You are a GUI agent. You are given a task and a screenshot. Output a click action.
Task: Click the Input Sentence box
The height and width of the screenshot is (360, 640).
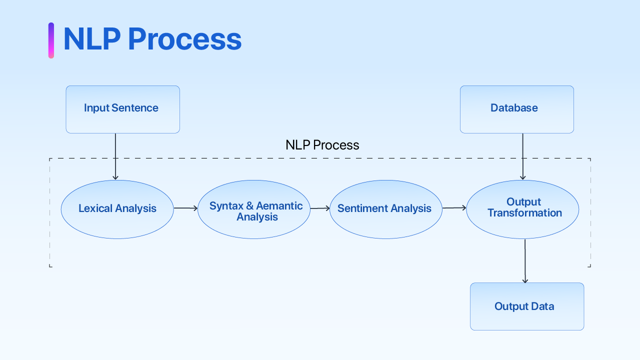(122, 109)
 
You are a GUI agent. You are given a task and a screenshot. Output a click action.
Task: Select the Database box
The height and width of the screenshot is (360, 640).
(516, 109)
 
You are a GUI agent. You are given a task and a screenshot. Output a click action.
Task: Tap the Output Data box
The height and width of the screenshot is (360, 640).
(526, 306)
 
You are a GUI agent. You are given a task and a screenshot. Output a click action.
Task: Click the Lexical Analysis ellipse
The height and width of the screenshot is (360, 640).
(117, 209)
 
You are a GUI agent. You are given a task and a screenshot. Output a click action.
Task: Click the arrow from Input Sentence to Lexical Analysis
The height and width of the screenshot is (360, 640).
(115, 156)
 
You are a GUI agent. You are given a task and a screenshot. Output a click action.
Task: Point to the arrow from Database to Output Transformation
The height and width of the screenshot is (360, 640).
(522, 156)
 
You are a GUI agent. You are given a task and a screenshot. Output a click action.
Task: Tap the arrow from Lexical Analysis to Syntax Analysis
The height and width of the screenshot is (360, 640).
(185, 208)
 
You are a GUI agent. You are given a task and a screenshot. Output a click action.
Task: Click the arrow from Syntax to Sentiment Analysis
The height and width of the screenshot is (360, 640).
(320, 208)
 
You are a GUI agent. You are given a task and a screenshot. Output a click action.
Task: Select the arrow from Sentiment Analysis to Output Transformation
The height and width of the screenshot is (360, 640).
(454, 207)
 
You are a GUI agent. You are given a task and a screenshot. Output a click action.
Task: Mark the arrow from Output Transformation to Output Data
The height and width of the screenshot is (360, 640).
(525, 261)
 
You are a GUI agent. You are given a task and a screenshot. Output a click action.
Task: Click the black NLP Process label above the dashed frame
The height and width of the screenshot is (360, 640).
(322, 145)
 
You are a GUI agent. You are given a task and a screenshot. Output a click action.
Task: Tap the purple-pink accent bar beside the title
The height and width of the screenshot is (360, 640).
(51, 40)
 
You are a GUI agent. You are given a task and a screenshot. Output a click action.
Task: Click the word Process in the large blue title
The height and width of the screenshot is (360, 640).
(184, 39)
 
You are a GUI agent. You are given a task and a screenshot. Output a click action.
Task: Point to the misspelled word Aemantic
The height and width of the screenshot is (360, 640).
(279, 206)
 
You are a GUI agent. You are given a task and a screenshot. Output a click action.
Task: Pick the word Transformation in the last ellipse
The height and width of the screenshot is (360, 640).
(524, 213)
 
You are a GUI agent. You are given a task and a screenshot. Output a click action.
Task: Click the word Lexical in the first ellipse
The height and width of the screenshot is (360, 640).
(95, 208)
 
